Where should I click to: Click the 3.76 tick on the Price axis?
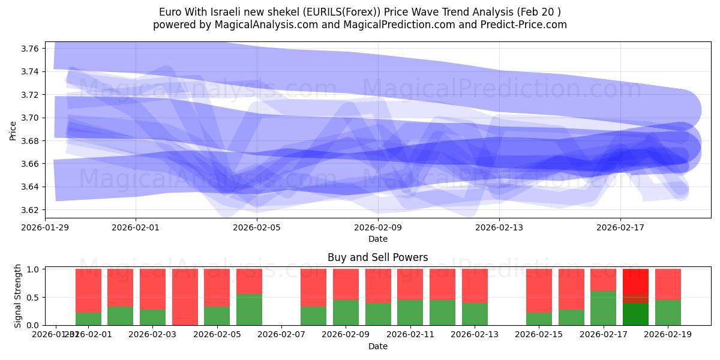pos(31,48)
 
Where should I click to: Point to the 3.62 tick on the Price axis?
pos(31,210)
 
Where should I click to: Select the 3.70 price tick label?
pos(31,118)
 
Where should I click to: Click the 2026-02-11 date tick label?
pos(410,335)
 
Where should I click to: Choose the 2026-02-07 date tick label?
pos(281,335)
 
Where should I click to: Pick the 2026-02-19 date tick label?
pos(668,335)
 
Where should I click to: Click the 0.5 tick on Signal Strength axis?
pos(34,297)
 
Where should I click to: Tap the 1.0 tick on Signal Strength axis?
pos(34,269)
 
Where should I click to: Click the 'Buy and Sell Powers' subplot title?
pos(377,257)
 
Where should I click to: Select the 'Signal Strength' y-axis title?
pos(18,295)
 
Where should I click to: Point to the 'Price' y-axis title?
pos(13,130)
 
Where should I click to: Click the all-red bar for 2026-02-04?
pos(185,297)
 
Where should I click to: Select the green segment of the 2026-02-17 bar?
pos(604,308)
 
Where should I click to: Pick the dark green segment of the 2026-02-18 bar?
pos(635,314)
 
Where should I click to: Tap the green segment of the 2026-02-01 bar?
pos(88,319)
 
